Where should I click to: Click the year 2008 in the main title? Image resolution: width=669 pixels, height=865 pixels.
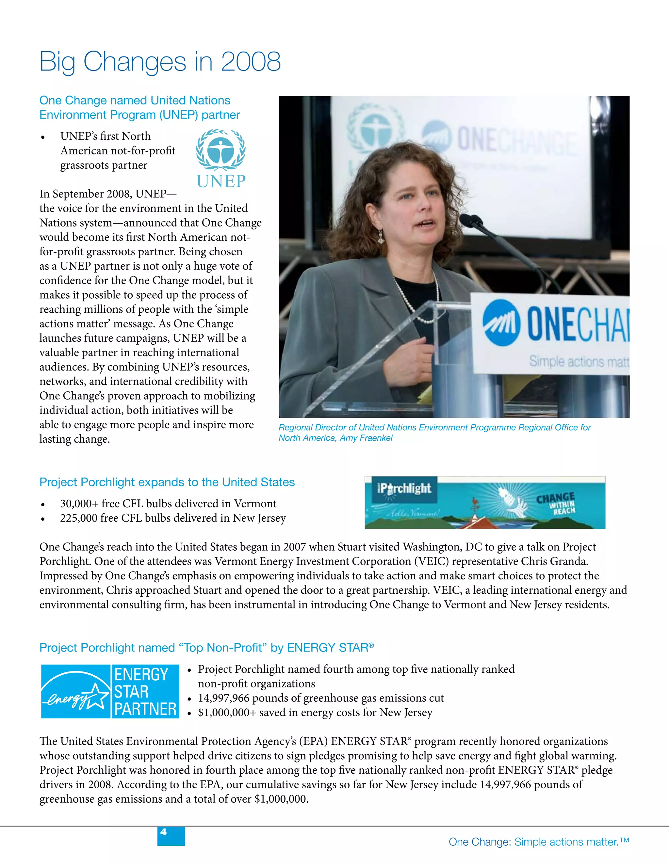251,62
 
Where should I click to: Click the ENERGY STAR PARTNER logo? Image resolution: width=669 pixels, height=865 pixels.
110,691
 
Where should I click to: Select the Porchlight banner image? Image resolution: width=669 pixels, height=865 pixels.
485,502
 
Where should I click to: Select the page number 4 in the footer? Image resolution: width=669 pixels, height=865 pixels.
163,832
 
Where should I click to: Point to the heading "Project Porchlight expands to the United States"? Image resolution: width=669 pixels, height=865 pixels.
167,482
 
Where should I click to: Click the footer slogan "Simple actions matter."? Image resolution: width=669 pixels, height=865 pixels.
566,842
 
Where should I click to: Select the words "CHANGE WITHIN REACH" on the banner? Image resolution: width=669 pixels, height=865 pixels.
556,503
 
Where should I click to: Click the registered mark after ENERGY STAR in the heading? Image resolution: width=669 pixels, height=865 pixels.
371,645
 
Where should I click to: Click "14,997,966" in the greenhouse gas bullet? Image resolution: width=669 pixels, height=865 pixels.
223,698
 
